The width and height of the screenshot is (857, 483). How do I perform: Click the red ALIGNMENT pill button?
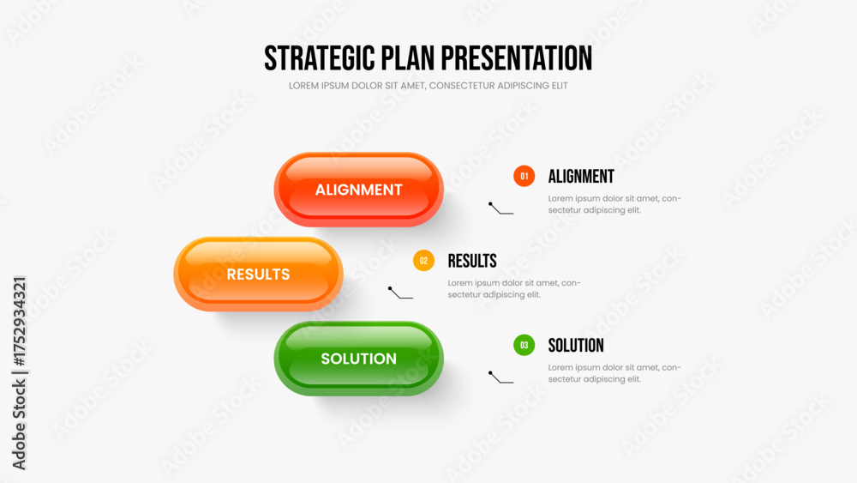[358, 190]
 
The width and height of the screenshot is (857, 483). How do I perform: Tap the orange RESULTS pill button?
[258, 274]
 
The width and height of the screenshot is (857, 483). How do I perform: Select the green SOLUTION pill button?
[358, 359]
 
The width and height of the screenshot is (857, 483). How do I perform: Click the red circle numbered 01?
[524, 176]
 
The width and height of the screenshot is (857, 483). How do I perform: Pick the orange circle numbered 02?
[423, 261]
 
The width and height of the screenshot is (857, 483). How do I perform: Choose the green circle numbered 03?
[524, 345]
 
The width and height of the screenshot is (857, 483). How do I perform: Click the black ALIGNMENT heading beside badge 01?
[581, 177]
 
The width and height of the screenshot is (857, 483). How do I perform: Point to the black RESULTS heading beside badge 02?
[472, 261]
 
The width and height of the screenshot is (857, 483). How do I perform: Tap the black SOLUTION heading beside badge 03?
[576, 346]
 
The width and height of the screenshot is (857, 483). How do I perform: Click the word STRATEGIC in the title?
[320, 58]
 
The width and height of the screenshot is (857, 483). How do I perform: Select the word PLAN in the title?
[408, 58]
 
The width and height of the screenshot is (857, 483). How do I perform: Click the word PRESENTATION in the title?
[517, 58]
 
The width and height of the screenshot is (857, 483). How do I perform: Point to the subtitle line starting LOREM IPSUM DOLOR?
[428, 86]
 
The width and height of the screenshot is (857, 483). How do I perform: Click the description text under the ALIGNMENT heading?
[614, 204]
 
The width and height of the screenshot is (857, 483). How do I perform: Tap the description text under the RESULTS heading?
[513, 289]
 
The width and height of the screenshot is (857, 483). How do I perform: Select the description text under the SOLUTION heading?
[614, 373]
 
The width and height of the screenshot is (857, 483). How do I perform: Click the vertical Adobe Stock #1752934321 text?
[19, 373]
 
